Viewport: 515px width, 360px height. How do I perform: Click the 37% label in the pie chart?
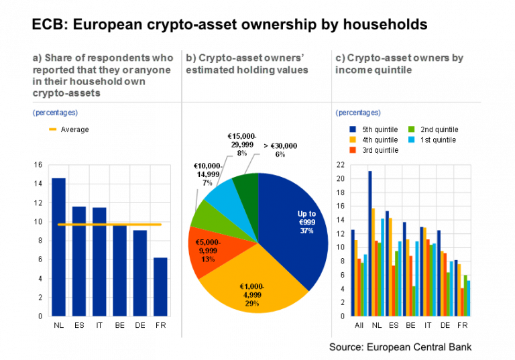(x=306, y=231)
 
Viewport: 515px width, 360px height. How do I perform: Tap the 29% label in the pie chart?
(x=252, y=304)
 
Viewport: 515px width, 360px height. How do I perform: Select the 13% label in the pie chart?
(x=208, y=259)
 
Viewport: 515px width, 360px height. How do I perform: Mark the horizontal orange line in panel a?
(x=110, y=224)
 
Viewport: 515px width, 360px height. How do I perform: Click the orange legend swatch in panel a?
(x=53, y=129)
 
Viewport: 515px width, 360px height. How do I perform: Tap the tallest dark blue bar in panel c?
(x=369, y=241)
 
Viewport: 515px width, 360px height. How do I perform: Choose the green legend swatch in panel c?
(x=411, y=129)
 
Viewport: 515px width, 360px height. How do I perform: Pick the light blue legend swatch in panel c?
(x=411, y=139)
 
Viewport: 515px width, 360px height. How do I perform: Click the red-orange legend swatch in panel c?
(x=353, y=149)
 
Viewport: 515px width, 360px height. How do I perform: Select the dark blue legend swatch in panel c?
(x=353, y=129)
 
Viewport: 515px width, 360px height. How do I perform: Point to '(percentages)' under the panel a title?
(x=55, y=113)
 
